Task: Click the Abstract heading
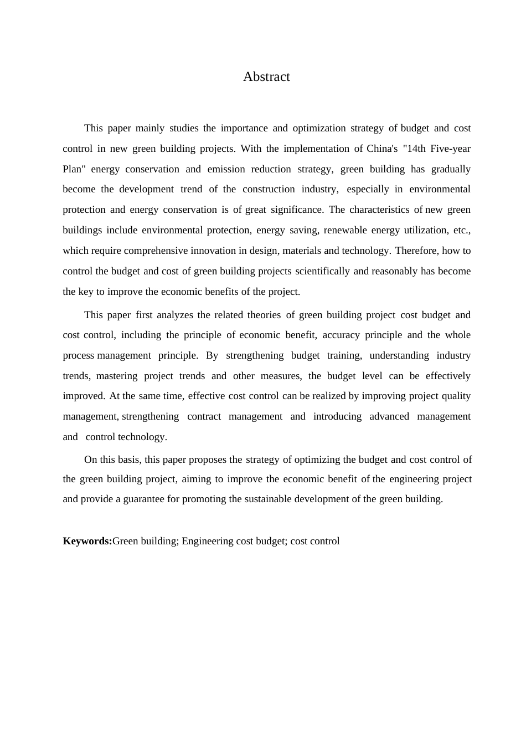click(266, 76)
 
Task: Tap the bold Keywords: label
click(87, 541)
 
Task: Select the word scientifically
click(322, 271)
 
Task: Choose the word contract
click(204, 416)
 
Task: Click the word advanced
click(389, 416)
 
